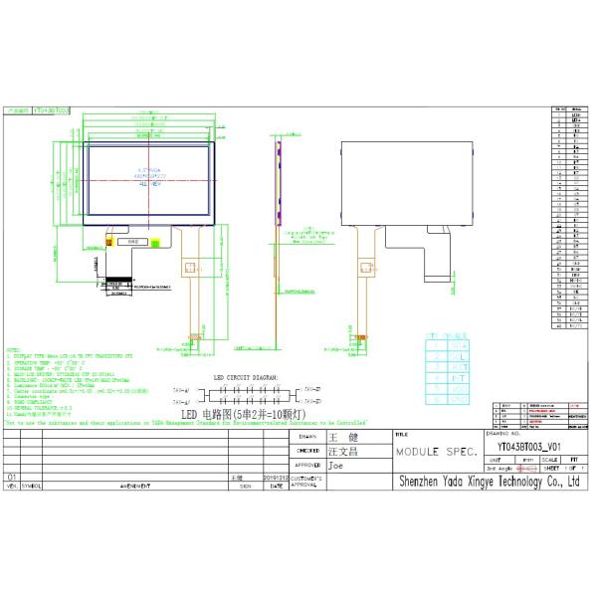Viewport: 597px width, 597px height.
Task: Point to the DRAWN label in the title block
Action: pos(306,437)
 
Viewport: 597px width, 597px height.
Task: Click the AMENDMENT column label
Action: pos(134,488)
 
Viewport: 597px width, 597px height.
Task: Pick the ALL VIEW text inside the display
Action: pos(150,184)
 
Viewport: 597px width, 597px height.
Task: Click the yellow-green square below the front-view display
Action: pos(155,241)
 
